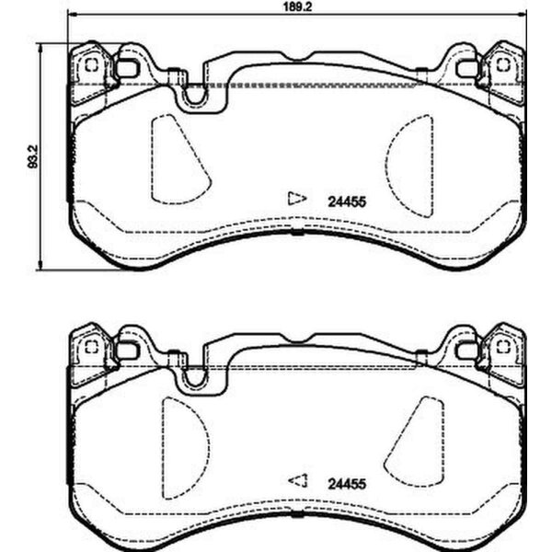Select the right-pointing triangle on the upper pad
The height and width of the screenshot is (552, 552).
pyautogui.click(x=295, y=198)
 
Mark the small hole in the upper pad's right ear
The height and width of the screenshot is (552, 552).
pyautogui.click(x=502, y=65)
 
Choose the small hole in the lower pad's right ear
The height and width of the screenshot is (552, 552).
pyautogui.click(x=502, y=347)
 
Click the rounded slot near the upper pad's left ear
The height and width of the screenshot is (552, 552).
pyautogui.click(x=127, y=68)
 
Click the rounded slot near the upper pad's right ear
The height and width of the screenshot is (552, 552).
pyautogui.click(x=467, y=68)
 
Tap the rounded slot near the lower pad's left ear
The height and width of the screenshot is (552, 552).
pyautogui.click(x=127, y=350)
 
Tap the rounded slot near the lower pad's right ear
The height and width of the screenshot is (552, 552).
pyautogui.click(x=467, y=350)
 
